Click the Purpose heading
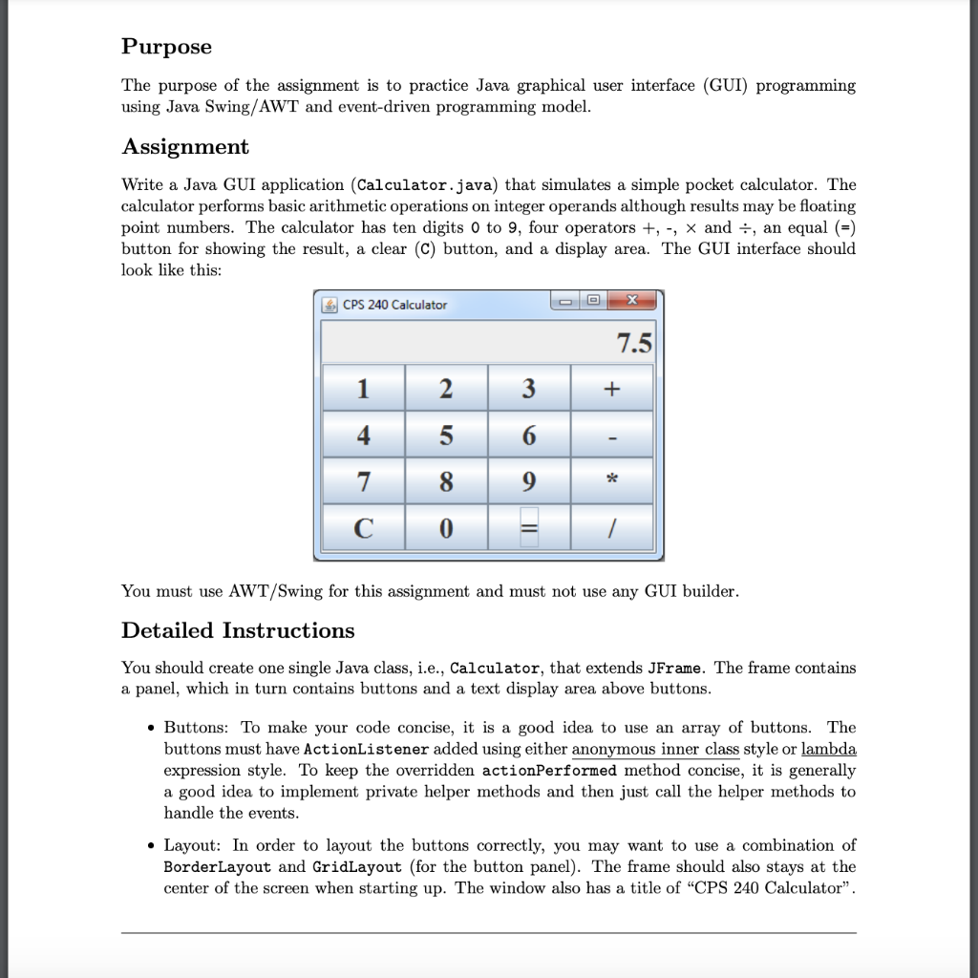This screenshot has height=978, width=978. tap(166, 47)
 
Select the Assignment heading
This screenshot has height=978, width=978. tap(184, 147)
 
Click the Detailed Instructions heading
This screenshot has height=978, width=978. tap(238, 630)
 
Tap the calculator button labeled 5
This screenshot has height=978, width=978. tap(446, 436)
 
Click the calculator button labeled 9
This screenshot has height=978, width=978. tap(529, 481)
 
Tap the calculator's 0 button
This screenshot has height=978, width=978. tap(446, 528)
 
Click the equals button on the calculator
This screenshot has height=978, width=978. tap(529, 528)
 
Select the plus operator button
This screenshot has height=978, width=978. tap(611, 389)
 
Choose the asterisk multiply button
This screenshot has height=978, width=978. tap(611, 481)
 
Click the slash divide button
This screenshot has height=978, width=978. tap(611, 528)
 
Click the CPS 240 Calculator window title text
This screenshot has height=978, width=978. tap(394, 305)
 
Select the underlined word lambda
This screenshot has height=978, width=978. tap(828, 750)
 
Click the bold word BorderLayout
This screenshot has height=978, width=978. tap(218, 867)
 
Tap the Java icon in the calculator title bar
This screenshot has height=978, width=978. tap(330, 305)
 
